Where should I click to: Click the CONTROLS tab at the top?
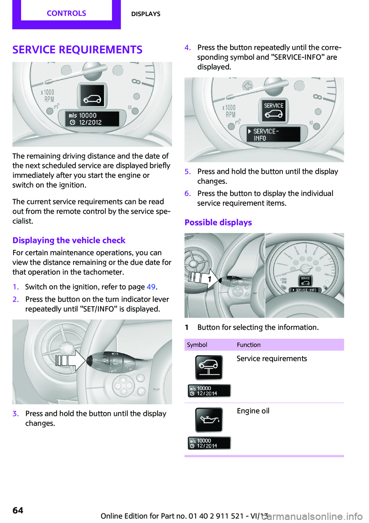pyautogui.click(x=66, y=13)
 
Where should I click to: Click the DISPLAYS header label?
pyautogui.click(x=146, y=14)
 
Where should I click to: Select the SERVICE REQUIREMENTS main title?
pyautogui.click(x=77, y=50)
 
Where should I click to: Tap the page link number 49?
pyautogui.click(x=151, y=287)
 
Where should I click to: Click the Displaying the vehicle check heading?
pyautogui.click(x=69, y=240)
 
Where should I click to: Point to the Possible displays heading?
pyautogui.click(x=218, y=223)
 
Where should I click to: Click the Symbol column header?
pyautogui.click(x=197, y=345)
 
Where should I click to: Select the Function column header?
pyautogui.click(x=248, y=345)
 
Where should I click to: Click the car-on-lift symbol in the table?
pyautogui.click(x=209, y=367)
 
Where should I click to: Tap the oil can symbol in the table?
pyautogui.click(x=209, y=420)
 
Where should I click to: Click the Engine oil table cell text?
pyautogui.click(x=253, y=411)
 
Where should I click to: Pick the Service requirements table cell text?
pyautogui.click(x=271, y=359)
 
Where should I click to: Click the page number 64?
pyautogui.click(x=18, y=510)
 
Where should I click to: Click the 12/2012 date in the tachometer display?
pyautogui.click(x=90, y=122)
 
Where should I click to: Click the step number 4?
pyautogui.click(x=187, y=48)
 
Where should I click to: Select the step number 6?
pyautogui.click(x=187, y=194)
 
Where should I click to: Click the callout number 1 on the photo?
pyautogui.click(x=209, y=279)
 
